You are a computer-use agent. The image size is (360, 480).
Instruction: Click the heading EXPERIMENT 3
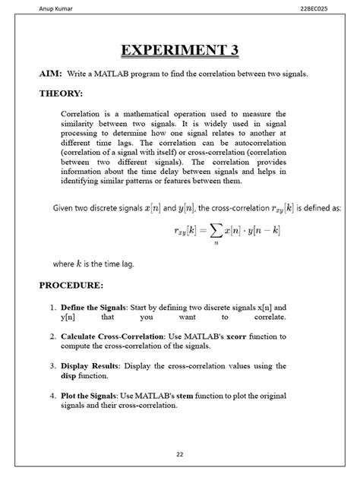tap(180, 51)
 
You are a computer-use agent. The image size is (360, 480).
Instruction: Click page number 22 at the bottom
tap(180, 454)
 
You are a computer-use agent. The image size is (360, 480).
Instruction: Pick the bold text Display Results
tap(88, 365)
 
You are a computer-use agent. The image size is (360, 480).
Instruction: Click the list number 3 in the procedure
tap(52, 365)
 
